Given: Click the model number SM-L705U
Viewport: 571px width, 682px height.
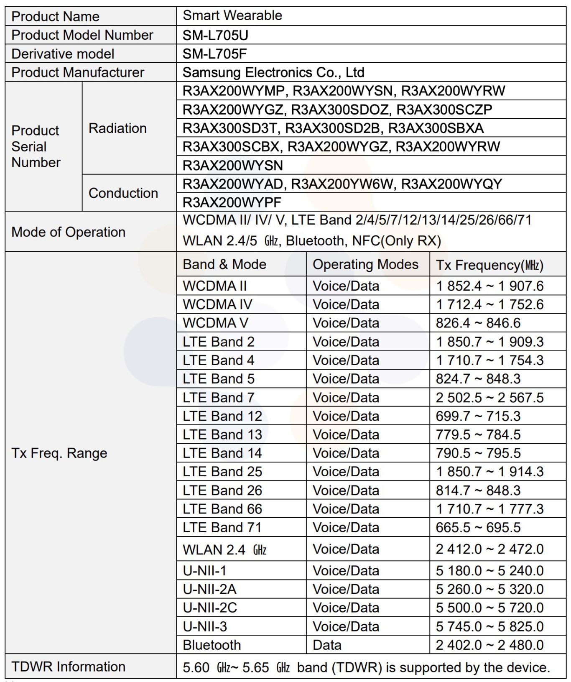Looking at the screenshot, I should [215, 35].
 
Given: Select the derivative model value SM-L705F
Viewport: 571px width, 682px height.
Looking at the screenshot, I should [214, 54].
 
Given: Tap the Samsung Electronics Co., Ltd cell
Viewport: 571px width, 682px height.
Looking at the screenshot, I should [273, 72].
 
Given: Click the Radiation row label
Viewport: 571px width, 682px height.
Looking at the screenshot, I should [117, 128].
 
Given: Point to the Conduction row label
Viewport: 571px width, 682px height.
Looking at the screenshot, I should [123, 193].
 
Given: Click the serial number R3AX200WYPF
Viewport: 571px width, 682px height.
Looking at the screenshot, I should [232, 202].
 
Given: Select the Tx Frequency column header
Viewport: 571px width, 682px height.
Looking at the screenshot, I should [489, 265].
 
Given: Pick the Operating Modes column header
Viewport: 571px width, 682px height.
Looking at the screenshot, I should [365, 264].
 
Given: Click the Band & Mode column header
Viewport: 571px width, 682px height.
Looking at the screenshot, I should [224, 264].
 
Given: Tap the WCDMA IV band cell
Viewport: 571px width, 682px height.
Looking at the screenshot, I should [217, 304].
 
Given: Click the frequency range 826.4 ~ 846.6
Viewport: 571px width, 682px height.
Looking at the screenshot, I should [478, 323].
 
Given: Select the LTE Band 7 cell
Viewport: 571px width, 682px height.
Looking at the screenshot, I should [219, 397].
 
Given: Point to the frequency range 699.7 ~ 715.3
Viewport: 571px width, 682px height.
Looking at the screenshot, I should [478, 416].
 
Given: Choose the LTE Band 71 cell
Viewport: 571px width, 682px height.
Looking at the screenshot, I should [222, 527].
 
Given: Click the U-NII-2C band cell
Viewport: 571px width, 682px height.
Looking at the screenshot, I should [210, 608].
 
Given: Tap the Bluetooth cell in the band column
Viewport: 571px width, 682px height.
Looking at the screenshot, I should [212, 645].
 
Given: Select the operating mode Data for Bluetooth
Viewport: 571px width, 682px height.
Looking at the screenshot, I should [327, 645].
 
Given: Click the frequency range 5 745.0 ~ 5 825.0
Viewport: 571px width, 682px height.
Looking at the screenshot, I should [489, 626].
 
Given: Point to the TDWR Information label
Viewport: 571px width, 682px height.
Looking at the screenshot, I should [69, 666].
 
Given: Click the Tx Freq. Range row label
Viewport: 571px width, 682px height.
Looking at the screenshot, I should [59, 453].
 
